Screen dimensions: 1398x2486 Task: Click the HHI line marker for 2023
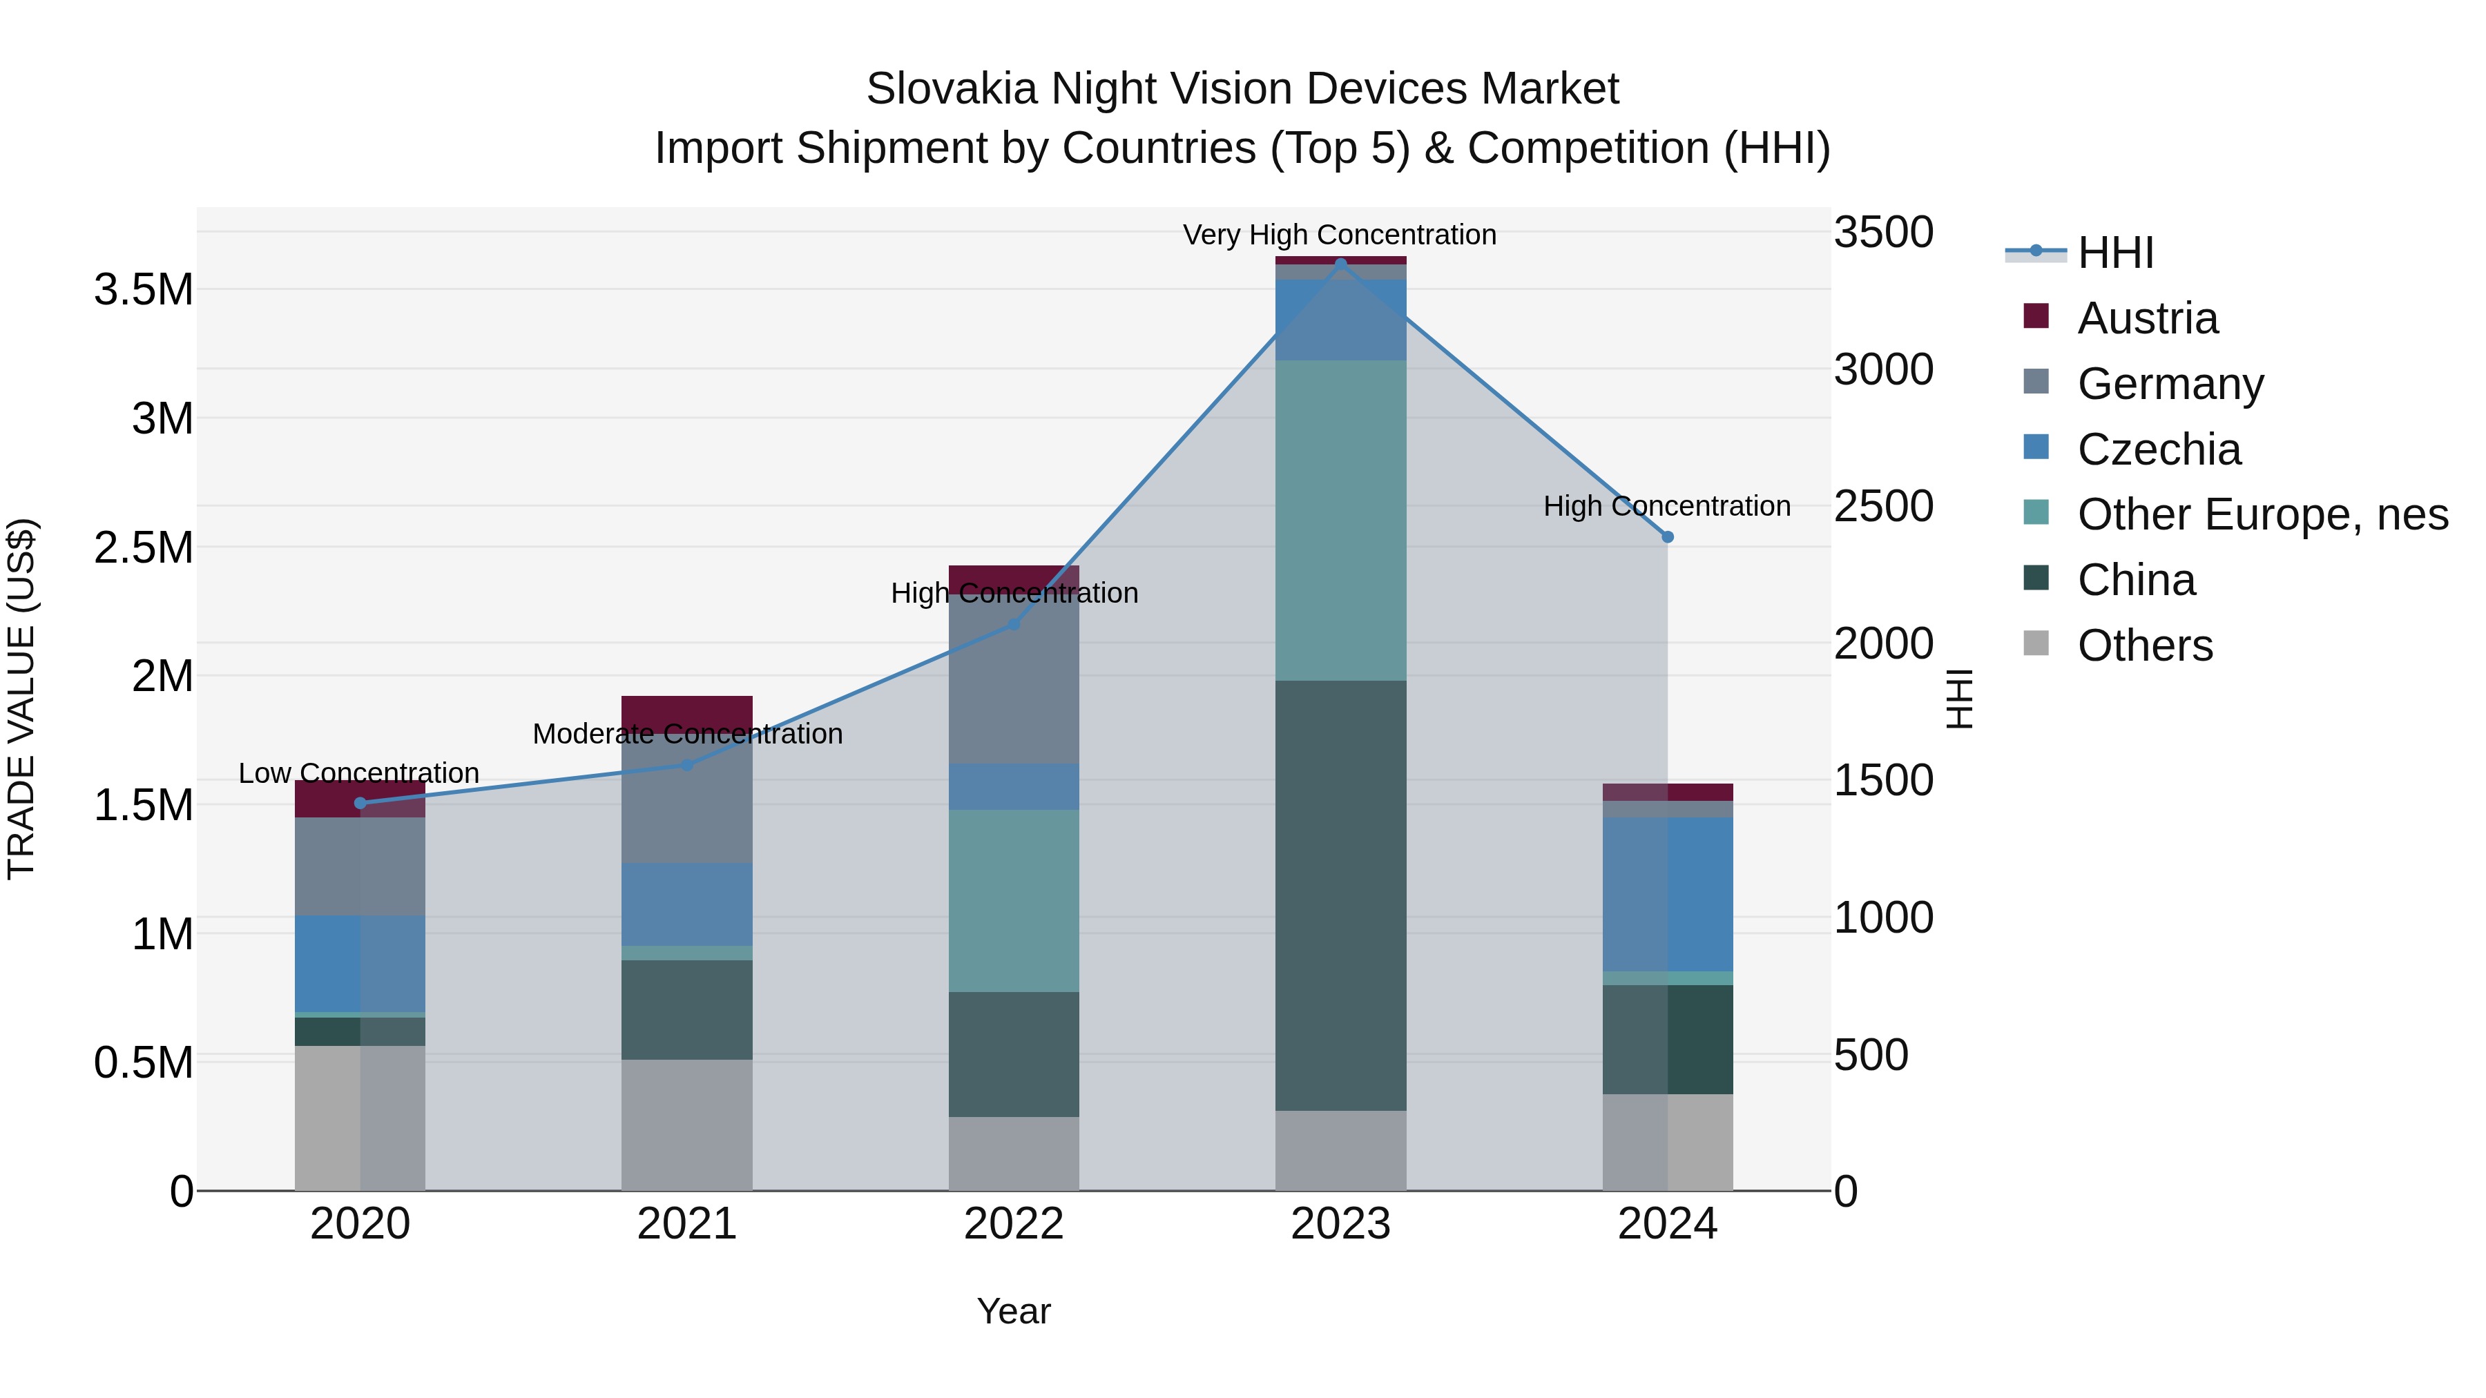tap(1340, 264)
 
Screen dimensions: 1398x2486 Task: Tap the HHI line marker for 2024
tap(1667, 536)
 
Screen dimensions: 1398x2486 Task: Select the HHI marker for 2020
tap(360, 803)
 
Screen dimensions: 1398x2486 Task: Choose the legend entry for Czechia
tap(2158, 449)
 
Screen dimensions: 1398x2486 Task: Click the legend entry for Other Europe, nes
tap(2261, 514)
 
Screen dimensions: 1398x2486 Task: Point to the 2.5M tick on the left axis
tap(144, 547)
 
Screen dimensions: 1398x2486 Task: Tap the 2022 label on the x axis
tap(1013, 1224)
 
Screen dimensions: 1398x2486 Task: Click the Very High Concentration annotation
tap(1340, 235)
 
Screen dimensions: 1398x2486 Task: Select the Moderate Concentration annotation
tap(687, 735)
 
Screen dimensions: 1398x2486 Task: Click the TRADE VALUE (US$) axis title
tap(22, 699)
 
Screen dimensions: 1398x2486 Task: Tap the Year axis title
tap(1013, 1311)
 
